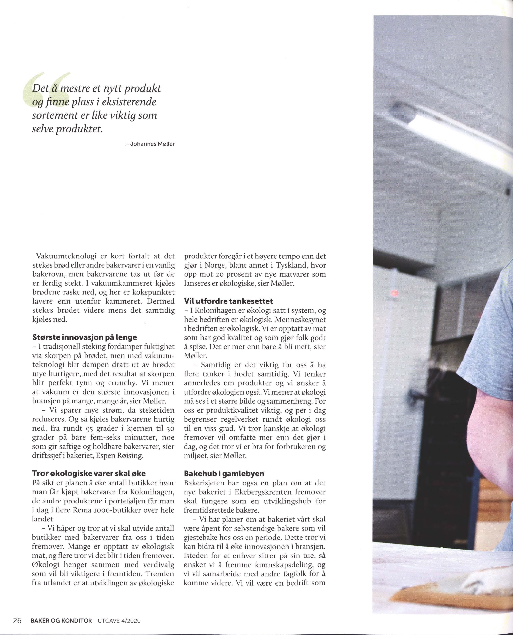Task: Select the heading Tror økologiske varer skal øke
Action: (x=89, y=473)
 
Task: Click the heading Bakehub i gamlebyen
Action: (x=224, y=473)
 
